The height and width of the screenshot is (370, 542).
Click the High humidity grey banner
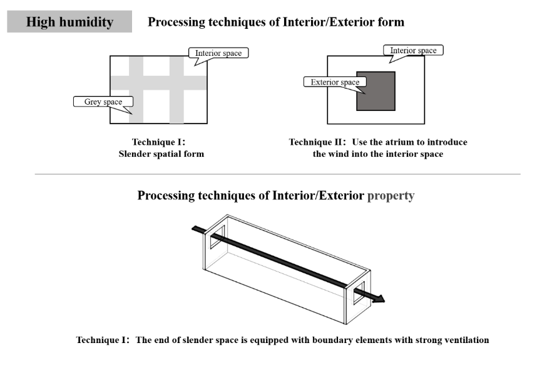pyautogui.click(x=69, y=21)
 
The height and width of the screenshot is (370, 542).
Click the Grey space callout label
pyautogui.click(x=103, y=102)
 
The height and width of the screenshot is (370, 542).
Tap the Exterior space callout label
pyautogui.click(x=335, y=82)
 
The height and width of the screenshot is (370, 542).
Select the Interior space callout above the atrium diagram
pyautogui.click(x=413, y=51)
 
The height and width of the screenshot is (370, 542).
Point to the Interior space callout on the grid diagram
pyautogui.click(x=218, y=53)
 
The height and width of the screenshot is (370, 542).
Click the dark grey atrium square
pyautogui.click(x=376, y=91)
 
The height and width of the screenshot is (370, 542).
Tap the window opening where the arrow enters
pyautogui.click(x=217, y=237)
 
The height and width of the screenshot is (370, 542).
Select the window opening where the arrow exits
pyautogui.click(x=359, y=292)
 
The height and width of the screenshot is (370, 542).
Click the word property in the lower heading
pyautogui.click(x=391, y=196)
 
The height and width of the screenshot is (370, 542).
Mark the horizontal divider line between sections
pyautogui.click(x=277, y=174)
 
